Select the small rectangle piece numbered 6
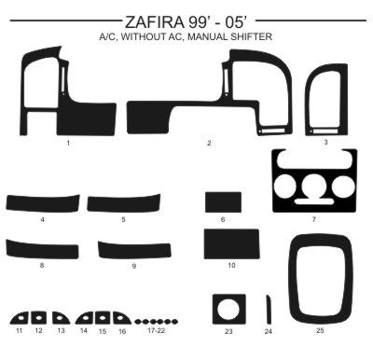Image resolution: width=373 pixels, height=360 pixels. [223, 202]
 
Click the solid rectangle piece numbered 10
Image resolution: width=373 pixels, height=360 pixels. [231, 244]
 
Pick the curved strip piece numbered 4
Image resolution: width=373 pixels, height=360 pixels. [43, 203]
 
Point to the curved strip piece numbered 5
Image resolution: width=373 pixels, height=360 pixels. [124, 203]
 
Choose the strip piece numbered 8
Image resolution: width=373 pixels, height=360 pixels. [42, 249]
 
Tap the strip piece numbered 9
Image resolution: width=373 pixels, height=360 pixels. [134, 250]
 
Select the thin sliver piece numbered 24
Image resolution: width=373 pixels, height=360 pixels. [269, 310]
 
